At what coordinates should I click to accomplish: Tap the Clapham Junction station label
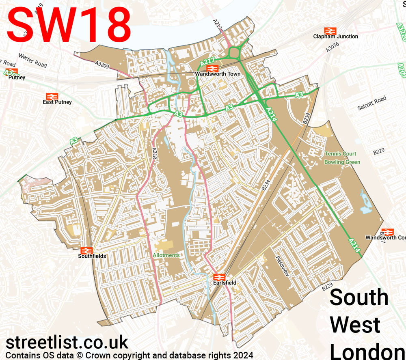335,37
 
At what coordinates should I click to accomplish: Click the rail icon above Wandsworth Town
215,68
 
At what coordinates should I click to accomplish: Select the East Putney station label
57,102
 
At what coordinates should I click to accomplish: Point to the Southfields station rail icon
86,250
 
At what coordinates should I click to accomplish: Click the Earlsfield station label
225,282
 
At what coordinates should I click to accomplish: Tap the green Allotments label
166,255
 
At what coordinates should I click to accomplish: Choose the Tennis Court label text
340,154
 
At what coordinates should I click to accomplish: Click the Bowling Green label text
342,162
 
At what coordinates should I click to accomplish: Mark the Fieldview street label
282,266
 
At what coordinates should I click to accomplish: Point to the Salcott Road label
372,103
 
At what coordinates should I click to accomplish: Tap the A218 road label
154,153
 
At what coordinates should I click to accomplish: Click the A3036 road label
332,47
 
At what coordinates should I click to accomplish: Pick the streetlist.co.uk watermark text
67,343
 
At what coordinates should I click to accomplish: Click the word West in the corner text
355,325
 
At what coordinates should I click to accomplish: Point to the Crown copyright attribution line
130,356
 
